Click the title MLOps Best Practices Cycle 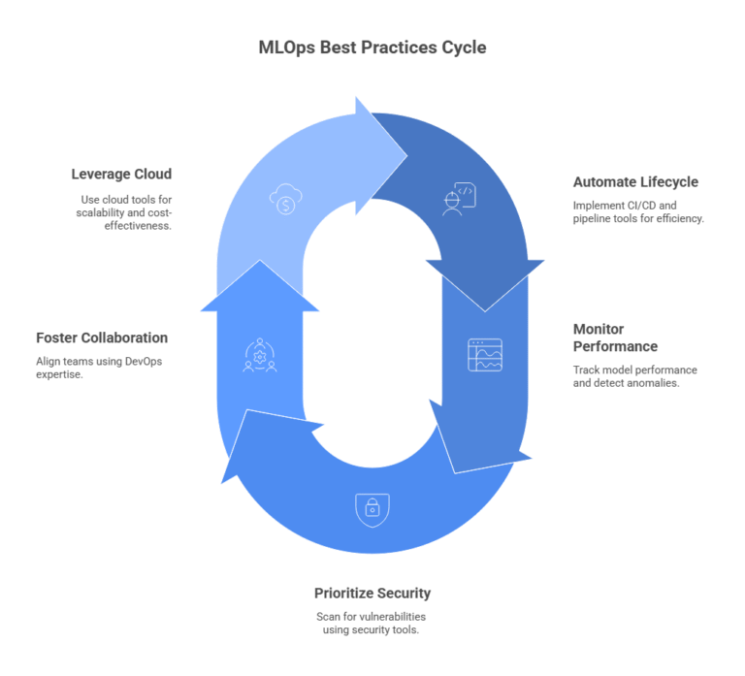click(372, 46)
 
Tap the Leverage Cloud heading click(121, 175)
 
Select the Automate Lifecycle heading click(635, 181)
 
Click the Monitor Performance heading click(615, 338)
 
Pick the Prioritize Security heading click(372, 593)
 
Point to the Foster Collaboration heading click(102, 338)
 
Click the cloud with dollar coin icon click(284, 201)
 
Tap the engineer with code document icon click(459, 198)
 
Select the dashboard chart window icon click(485, 355)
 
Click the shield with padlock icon click(372, 507)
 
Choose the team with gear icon click(260, 356)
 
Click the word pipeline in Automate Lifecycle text click(593, 218)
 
